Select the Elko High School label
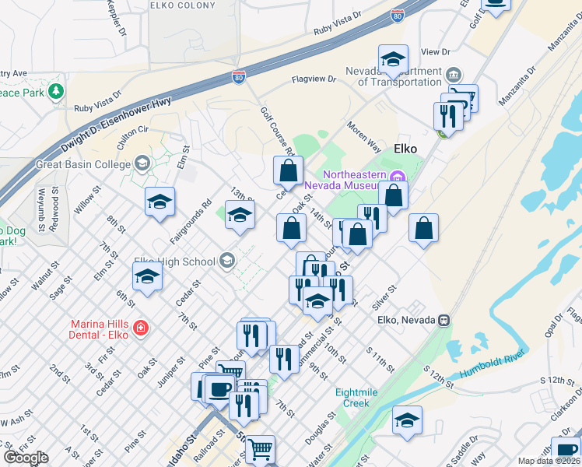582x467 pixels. [174, 262]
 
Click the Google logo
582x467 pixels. [26, 458]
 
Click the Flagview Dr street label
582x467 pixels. [314, 79]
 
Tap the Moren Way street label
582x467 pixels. [363, 135]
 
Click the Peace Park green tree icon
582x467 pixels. [55, 92]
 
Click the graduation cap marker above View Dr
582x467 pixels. [393, 58]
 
